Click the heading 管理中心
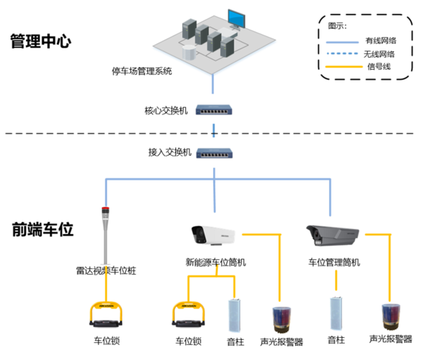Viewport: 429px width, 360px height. click(41, 41)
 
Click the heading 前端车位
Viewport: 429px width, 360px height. click(43, 230)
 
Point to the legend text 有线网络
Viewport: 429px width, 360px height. click(380, 41)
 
